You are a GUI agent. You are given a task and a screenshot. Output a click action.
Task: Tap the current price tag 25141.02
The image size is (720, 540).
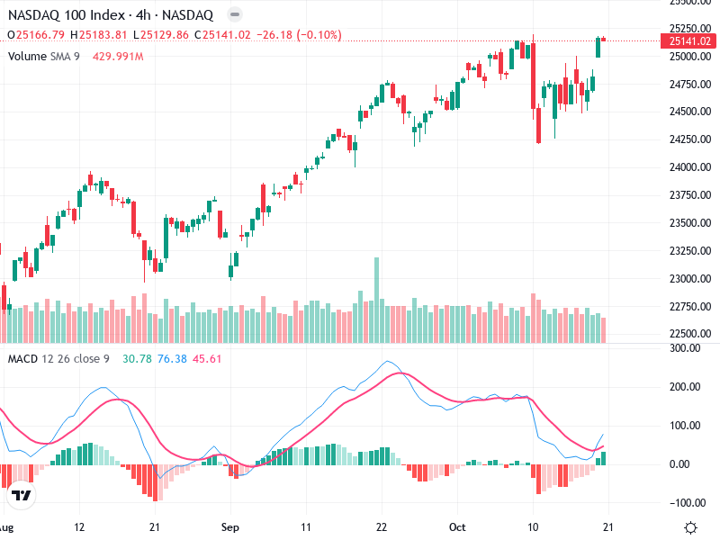click(x=689, y=40)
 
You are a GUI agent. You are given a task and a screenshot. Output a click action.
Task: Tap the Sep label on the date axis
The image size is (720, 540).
click(x=230, y=526)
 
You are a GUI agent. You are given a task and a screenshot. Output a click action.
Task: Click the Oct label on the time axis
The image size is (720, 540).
click(x=458, y=526)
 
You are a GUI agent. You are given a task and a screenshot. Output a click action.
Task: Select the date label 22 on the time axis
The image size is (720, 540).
click(x=382, y=526)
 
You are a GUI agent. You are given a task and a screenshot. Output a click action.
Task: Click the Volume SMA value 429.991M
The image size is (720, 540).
click(x=118, y=56)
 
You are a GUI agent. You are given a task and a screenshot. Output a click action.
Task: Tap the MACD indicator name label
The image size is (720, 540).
click(x=22, y=358)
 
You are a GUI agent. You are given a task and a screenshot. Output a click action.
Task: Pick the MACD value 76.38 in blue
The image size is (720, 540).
click(x=171, y=358)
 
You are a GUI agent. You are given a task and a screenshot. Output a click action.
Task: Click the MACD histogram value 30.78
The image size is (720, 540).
click(x=136, y=358)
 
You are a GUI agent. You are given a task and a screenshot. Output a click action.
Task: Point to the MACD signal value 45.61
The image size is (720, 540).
click(x=206, y=358)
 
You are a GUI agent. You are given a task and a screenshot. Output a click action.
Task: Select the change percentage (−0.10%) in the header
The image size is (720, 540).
click(x=316, y=35)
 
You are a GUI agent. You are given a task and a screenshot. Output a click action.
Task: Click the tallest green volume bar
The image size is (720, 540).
click(x=376, y=300)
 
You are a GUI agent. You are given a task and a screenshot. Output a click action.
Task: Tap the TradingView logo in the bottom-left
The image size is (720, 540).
click(x=22, y=496)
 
